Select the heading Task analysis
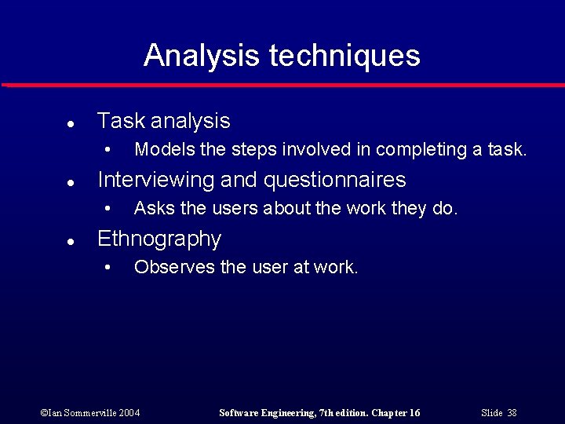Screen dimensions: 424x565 pos(163,121)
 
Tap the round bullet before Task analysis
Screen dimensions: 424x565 pos(70,123)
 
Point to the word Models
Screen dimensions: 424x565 pos(160,149)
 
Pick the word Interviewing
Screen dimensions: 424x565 pos(155,180)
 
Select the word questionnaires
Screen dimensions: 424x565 pos(334,180)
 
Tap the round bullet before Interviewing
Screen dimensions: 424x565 pos(70,182)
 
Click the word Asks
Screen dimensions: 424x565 pos(151,208)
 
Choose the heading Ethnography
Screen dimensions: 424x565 pos(159,239)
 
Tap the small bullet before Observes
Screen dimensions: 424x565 pos(108,268)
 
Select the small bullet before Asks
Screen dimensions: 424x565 pos(108,209)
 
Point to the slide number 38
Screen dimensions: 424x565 pos(512,413)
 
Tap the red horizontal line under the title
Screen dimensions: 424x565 pos(282,85)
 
